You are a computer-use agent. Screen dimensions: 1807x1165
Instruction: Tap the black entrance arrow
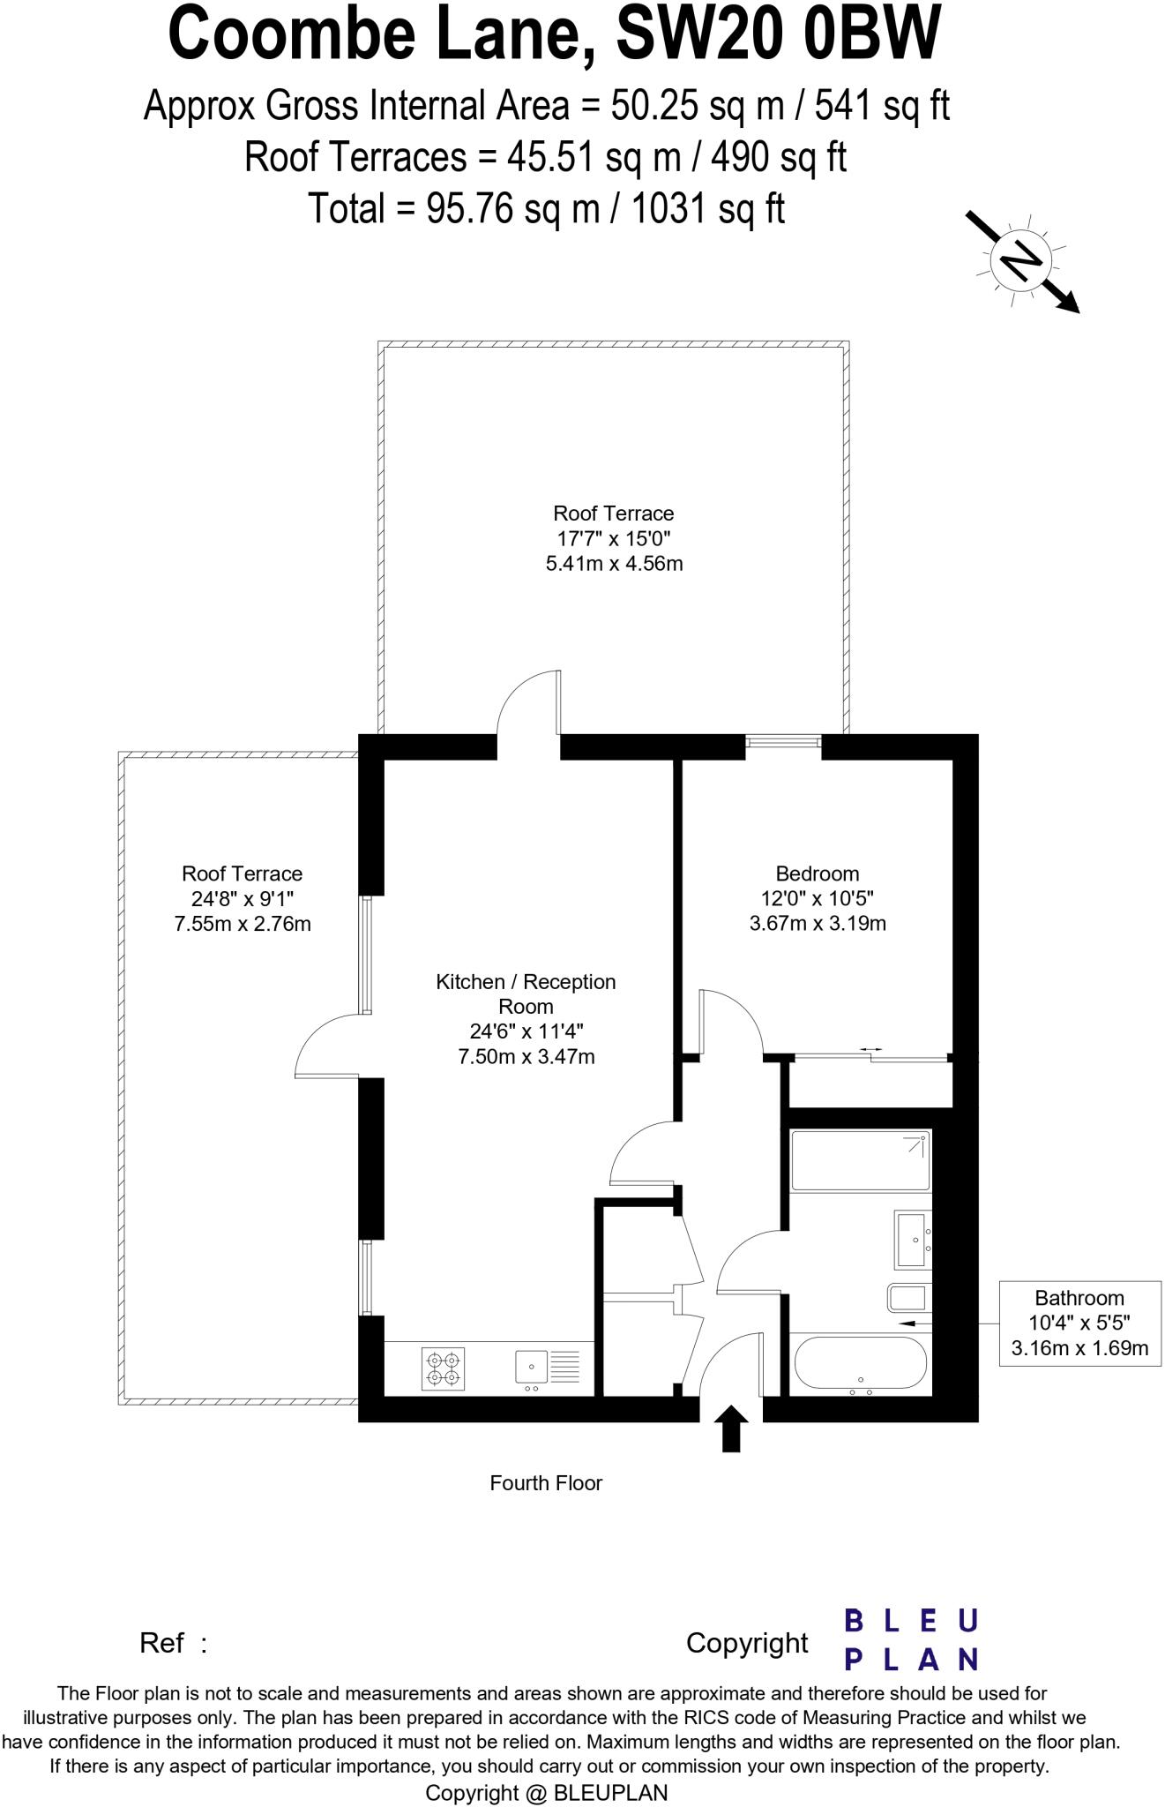click(730, 1428)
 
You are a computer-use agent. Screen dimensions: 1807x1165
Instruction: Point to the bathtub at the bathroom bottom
click(860, 1364)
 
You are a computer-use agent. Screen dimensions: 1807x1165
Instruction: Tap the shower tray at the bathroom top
click(860, 1159)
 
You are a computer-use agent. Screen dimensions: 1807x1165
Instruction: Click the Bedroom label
click(817, 874)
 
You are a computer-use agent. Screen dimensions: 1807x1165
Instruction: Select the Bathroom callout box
click(1079, 1323)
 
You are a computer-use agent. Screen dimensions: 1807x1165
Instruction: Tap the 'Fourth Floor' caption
click(546, 1482)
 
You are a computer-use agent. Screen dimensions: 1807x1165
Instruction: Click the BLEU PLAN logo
click(910, 1638)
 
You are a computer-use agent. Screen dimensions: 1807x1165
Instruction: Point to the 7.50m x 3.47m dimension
click(526, 1056)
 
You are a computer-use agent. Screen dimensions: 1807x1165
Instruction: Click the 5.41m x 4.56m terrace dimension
click(614, 563)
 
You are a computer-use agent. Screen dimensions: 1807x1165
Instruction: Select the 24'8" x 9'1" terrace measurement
click(243, 899)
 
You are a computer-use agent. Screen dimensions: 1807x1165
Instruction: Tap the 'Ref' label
click(163, 1643)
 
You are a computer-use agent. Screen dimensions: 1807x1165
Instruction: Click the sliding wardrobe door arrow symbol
click(871, 1049)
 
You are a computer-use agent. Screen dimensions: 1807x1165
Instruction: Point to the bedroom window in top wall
click(783, 742)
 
